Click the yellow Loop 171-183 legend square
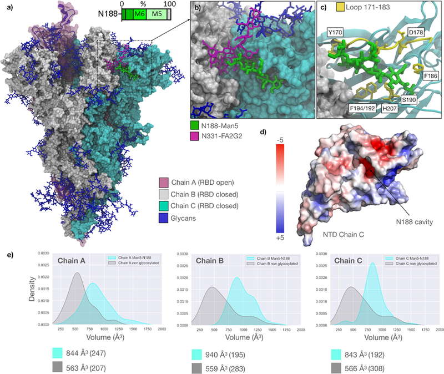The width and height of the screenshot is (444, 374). coord(326,7)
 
